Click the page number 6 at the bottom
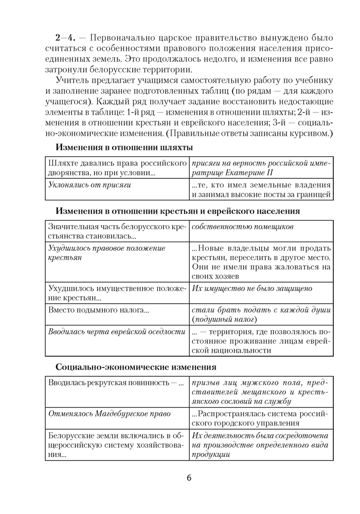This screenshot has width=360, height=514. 189,478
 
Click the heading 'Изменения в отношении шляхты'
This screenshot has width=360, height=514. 124,147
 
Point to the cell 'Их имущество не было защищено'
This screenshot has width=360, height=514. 251,288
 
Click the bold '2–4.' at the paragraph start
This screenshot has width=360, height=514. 66,38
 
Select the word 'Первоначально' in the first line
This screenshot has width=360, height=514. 120,38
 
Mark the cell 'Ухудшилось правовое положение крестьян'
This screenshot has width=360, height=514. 106,253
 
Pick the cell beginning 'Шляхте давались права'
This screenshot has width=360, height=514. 117,168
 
